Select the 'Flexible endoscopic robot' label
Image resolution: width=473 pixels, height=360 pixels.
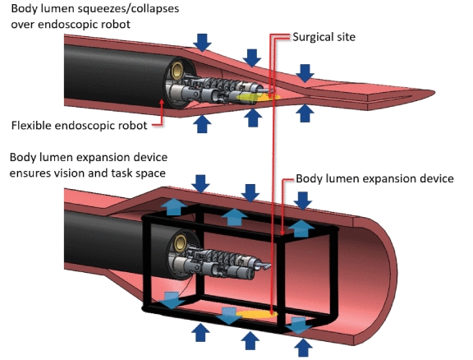(x=77, y=126)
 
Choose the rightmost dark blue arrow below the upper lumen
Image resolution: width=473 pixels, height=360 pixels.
(x=305, y=113)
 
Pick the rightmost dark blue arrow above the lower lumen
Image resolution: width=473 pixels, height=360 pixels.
(x=304, y=200)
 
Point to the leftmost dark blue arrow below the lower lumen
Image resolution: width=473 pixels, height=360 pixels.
(x=200, y=332)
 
